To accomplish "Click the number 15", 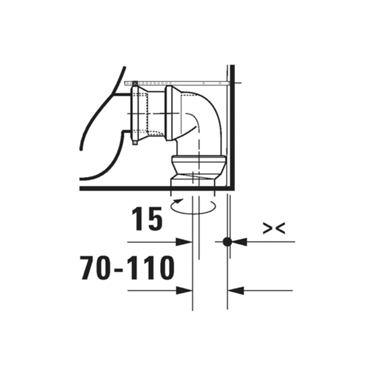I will click(x=146, y=219).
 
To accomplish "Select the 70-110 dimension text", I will click(x=127, y=268).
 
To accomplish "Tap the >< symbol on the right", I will click(x=274, y=228).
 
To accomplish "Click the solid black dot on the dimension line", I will click(x=227, y=242).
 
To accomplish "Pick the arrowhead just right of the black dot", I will click(x=238, y=242).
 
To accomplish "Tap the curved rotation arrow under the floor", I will click(x=193, y=205).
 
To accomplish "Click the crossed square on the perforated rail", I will click(x=135, y=83).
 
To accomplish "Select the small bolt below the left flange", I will click(x=134, y=142).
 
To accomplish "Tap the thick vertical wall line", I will click(x=232, y=132).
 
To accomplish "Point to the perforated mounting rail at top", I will click(x=185, y=83).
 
